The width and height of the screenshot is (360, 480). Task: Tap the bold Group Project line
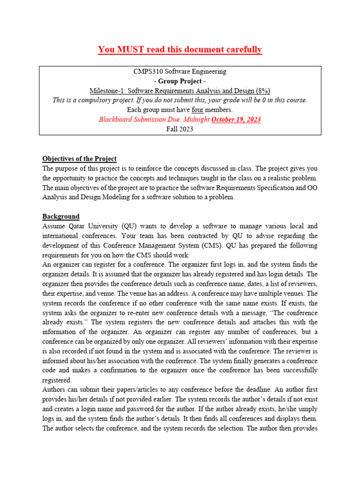(x=180, y=81)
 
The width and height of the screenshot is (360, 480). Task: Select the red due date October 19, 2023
(x=236, y=119)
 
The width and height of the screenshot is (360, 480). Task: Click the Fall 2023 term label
(x=180, y=129)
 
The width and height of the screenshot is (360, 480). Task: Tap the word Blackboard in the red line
(x=115, y=119)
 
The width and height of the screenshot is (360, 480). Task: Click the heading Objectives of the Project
(x=79, y=158)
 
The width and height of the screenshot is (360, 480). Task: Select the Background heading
(x=61, y=216)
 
